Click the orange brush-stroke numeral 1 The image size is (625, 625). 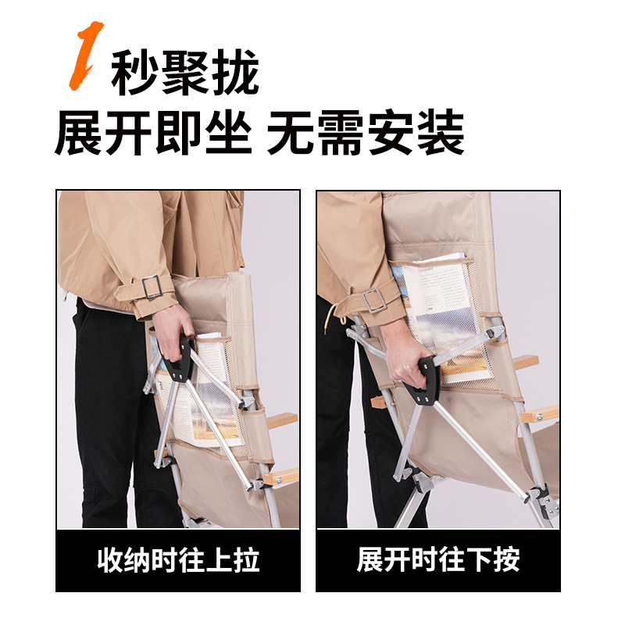86,55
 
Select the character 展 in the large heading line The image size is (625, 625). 80,133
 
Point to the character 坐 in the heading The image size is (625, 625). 229,133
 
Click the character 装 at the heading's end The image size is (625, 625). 441,133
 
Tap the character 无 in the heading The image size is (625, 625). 291,133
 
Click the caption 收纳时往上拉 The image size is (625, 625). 178,560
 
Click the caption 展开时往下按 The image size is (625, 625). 438,559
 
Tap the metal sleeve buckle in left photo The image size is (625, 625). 152,287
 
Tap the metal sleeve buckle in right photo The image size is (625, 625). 373,300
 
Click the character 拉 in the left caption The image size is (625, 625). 246,560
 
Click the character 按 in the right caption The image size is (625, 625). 506,559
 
